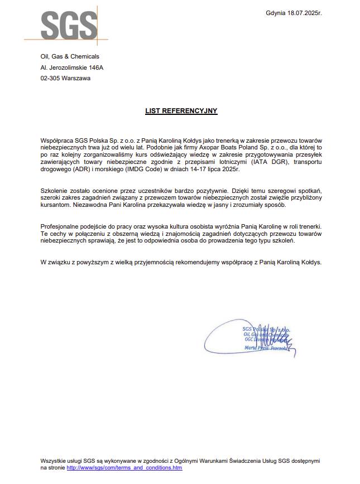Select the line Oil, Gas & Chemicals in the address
click(x=70, y=56)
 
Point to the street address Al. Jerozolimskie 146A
click(x=72, y=67)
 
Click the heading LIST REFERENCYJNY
click(x=181, y=111)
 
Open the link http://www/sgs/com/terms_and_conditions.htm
click(x=124, y=467)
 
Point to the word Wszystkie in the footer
click(x=54, y=461)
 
